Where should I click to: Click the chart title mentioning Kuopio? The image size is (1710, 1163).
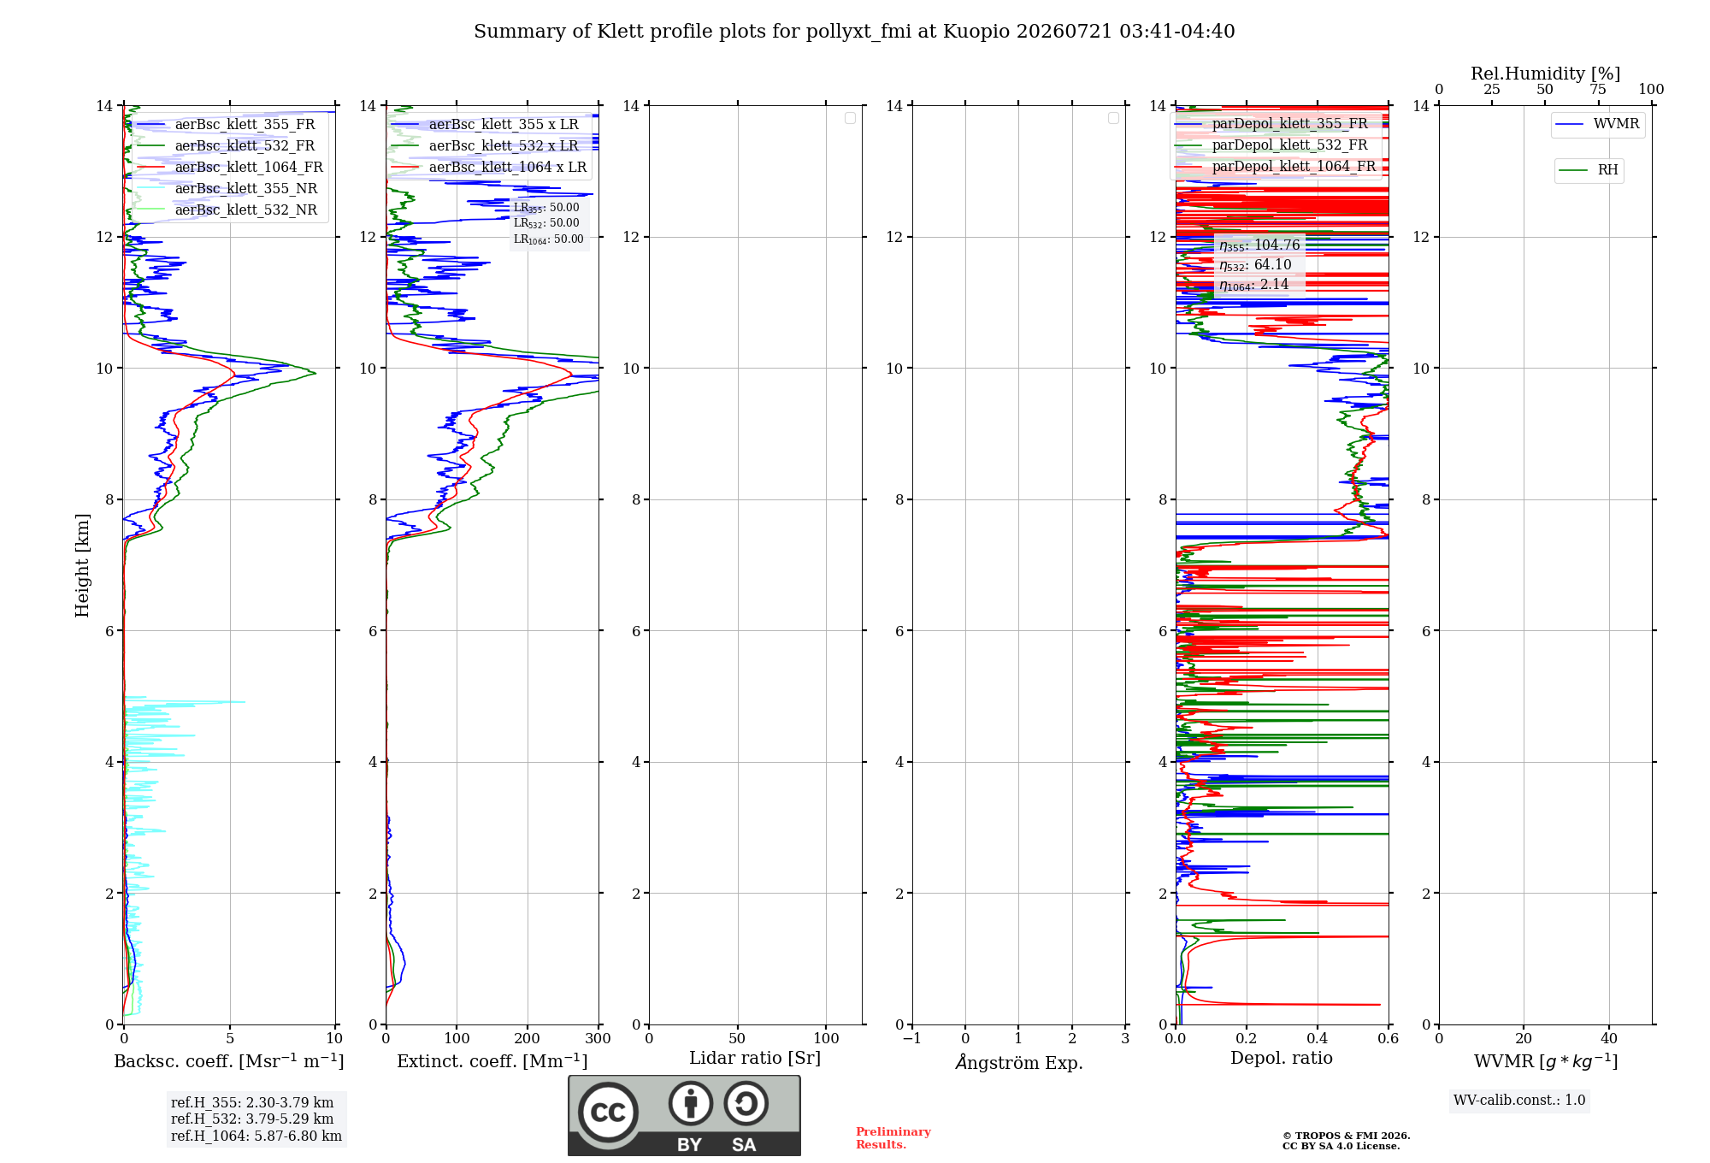click(854, 32)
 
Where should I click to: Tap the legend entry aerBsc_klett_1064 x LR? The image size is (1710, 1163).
click(489, 168)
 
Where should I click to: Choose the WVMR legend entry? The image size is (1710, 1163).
click(1598, 124)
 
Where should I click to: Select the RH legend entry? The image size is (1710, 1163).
click(1589, 170)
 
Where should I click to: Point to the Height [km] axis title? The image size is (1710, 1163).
click(82, 565)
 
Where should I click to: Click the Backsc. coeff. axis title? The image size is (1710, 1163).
click(229, 1061)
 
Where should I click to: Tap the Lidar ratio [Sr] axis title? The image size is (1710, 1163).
click(755, 1059)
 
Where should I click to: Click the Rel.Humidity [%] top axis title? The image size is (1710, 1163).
click(1546, 74)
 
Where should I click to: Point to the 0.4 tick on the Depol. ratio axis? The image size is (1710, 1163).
click(1318, 1039)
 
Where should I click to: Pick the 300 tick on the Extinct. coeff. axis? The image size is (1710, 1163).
click(598, 1039)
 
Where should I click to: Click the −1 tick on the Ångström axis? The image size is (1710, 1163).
click(912, 1039)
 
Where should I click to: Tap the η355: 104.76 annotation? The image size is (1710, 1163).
click(1259, 245)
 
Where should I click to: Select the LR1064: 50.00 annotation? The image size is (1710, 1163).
click(549, 239)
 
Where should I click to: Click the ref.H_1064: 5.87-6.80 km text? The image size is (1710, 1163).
click(256, 1136)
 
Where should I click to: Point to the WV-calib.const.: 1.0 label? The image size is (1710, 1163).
click(1519, 1101)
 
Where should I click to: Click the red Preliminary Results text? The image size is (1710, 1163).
click(893, 1138)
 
